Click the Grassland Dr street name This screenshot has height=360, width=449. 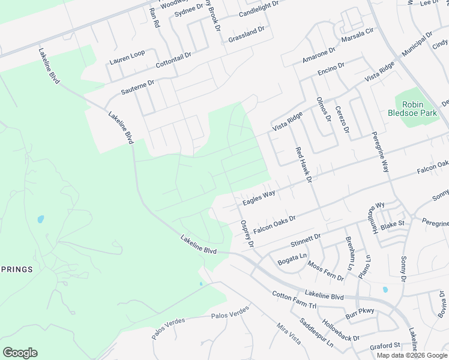[246, 35]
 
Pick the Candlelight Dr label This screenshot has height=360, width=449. [259, 8]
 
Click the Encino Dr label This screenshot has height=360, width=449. [331, 70]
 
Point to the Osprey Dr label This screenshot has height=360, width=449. [247, 233]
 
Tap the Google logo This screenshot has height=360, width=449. [20, 353]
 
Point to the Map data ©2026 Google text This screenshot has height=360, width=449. [412, 355]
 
